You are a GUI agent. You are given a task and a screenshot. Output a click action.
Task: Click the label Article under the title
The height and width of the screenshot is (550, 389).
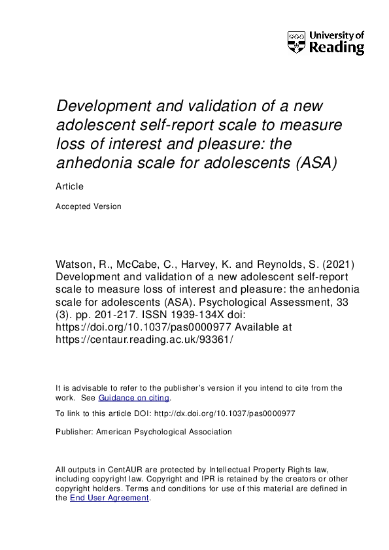click(70, 186)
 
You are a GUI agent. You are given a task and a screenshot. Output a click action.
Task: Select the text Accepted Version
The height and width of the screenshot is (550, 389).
click(89, 206)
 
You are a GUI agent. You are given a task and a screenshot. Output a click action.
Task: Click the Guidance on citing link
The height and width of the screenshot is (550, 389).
click(134, 398)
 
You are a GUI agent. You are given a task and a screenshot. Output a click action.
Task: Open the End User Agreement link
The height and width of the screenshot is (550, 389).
click(110, 498)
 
